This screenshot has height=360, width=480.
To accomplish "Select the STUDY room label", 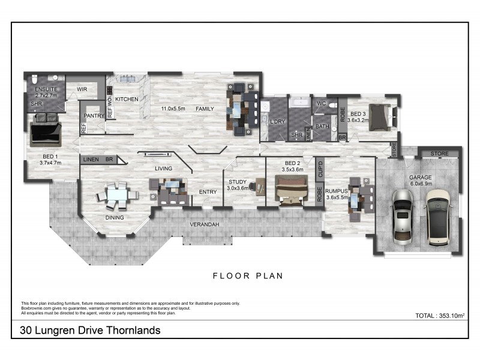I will point(238,181).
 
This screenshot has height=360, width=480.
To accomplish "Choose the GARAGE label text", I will point(421,178).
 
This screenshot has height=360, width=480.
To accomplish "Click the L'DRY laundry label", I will point(278,122).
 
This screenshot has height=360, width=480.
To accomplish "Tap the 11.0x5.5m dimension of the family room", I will point(172,109).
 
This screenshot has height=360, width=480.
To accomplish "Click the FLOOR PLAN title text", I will point(248,276).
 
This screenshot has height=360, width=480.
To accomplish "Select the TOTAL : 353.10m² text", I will point(441,315).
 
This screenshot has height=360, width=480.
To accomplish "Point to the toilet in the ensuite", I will point(35,79).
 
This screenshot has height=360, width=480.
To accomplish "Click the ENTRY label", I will point(208,192).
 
